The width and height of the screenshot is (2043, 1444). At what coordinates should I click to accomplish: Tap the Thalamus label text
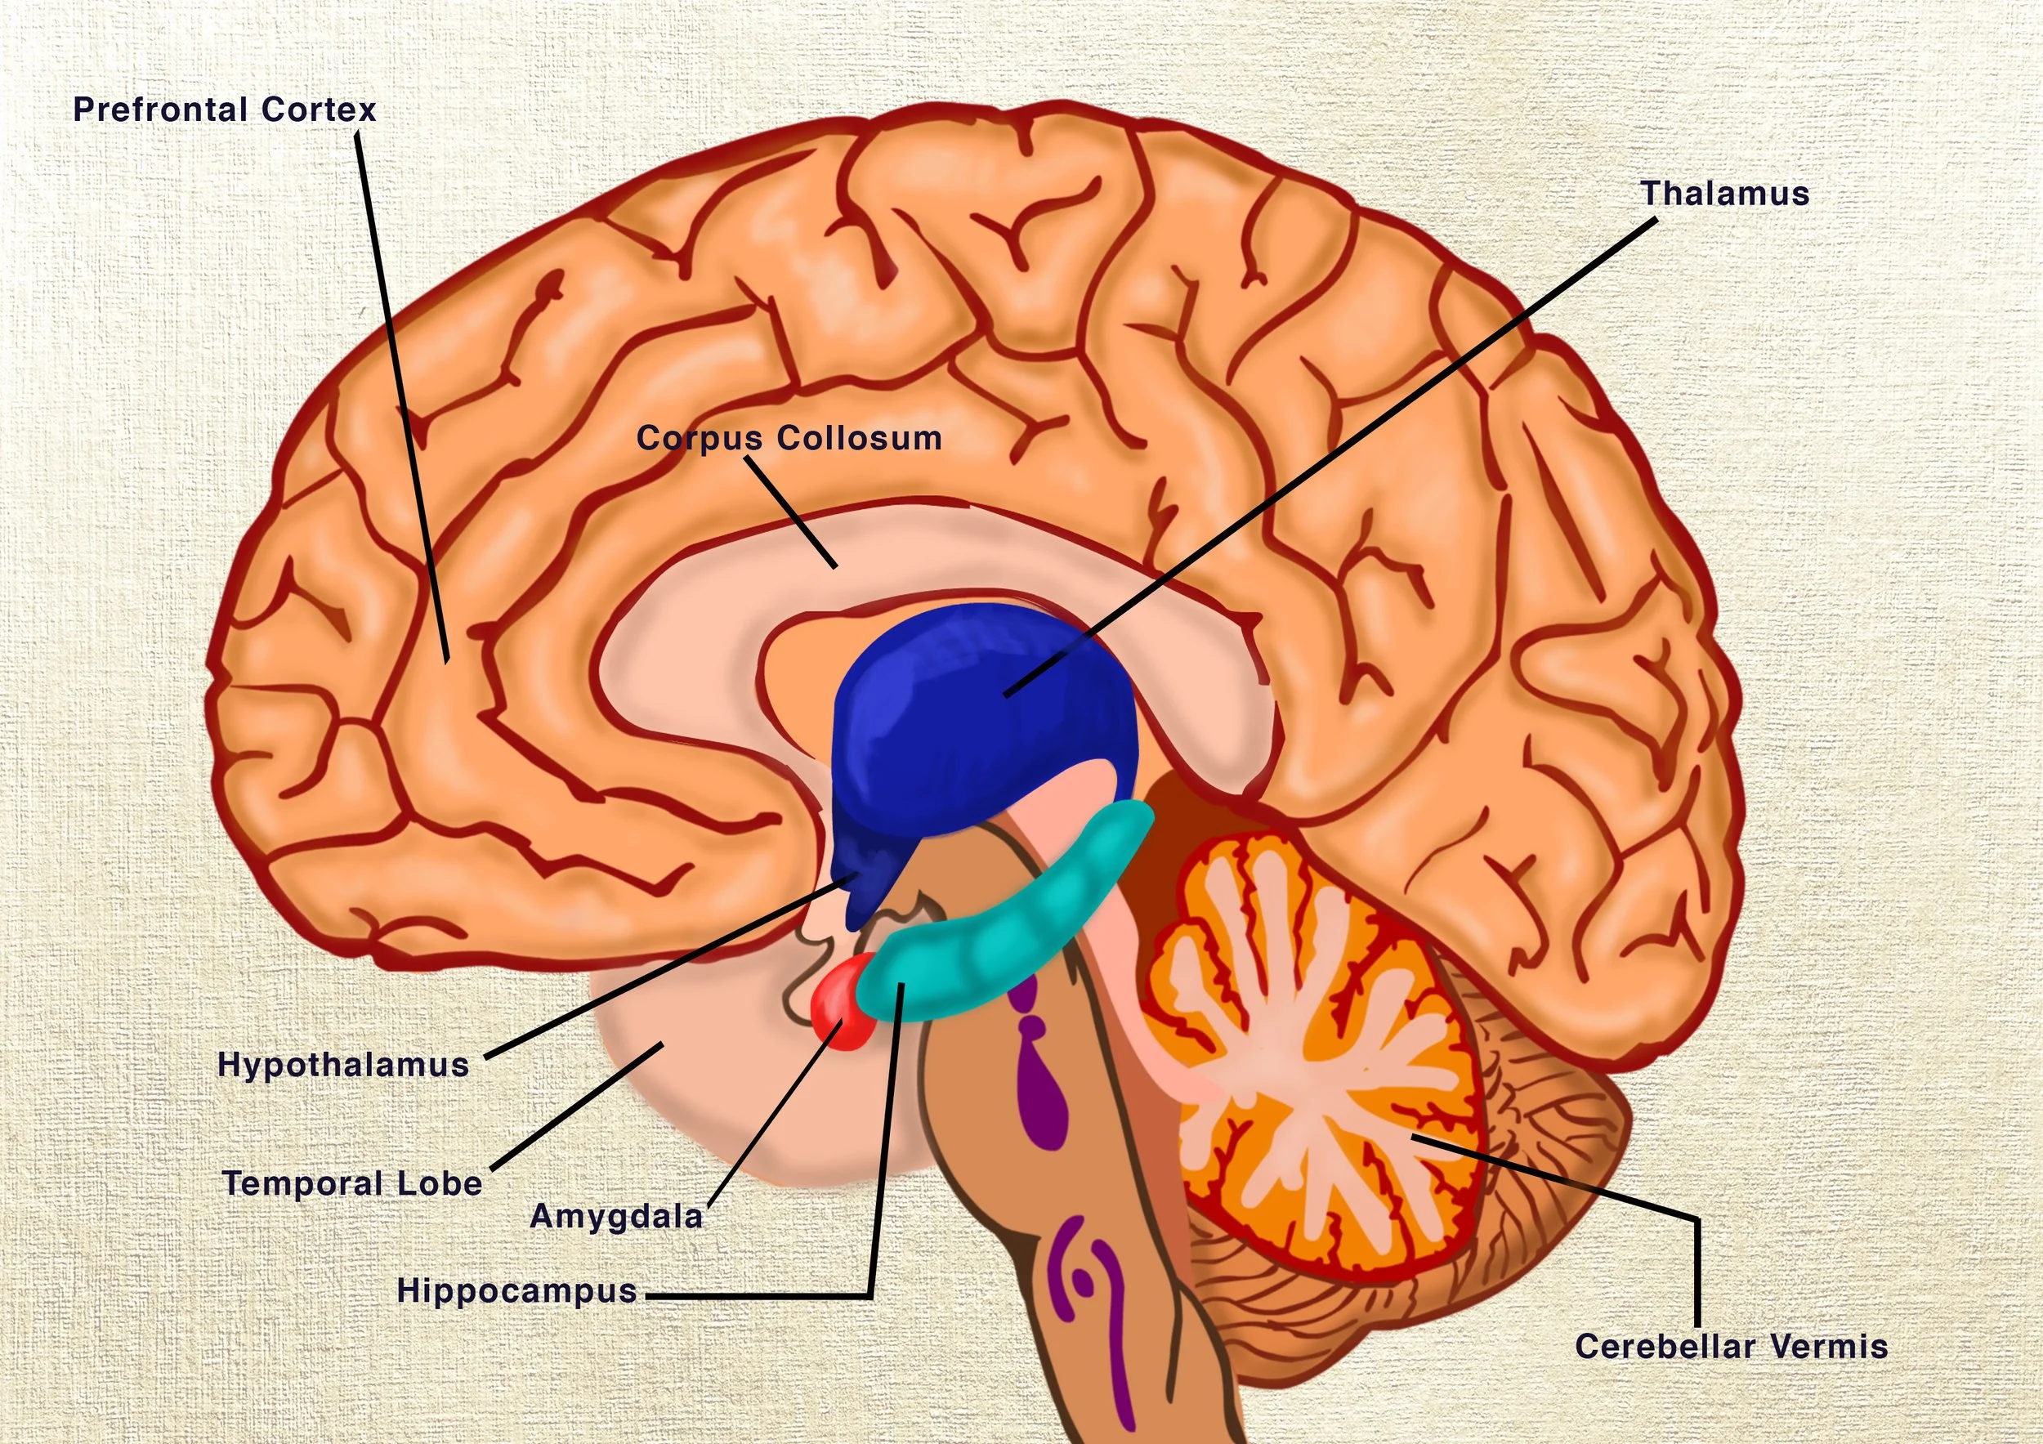1724,194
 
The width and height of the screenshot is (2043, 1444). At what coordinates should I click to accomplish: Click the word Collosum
859,439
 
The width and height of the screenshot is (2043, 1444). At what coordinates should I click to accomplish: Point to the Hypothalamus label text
343,1065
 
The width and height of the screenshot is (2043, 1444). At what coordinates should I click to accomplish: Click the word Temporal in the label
302,1183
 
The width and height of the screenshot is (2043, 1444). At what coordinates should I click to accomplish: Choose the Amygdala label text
615,1216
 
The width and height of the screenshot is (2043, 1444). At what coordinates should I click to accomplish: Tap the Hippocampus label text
516,1290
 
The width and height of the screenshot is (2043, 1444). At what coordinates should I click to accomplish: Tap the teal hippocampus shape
1005,943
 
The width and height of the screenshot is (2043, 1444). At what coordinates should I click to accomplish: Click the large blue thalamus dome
979,712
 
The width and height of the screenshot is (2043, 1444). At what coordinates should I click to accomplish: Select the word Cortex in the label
319,110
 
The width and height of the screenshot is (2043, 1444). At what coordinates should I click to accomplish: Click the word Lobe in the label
440,1183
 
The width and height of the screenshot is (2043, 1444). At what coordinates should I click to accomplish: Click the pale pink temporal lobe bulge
712,1094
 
